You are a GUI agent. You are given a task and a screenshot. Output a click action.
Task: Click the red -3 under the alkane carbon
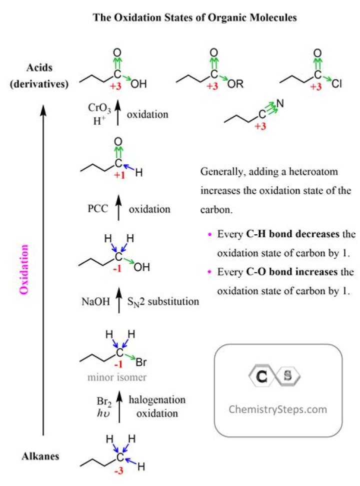(x=118, y=472)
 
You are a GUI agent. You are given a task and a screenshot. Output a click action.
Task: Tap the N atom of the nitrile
(x=280, y=105)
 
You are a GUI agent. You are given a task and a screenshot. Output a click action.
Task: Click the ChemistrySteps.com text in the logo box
(x=277, y=409)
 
